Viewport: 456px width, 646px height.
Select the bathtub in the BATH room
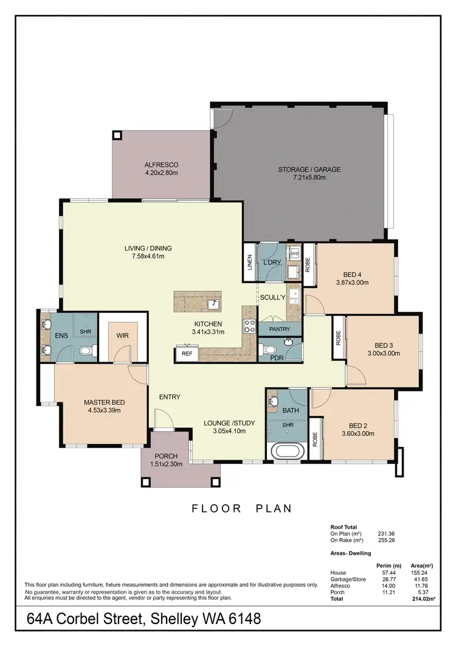pyautogui.click(x=285, y=452)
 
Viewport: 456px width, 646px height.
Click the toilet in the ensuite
pyautogui.click(x=87, y=351)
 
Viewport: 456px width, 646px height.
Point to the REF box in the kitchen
pyautogui.click(x=187, y=353)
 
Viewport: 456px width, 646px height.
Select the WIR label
pyautogui.click(x=122, y=335)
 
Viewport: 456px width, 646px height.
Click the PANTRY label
pyautogui.click(x=280, y=329)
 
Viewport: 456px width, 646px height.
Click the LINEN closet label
pyautogui.click(x=249, y=262)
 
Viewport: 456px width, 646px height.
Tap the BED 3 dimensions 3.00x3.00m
pyautogui.click(x=383, y=353)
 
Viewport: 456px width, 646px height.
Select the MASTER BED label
pyautogui.click(x=104, y=402)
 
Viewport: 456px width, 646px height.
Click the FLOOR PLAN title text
pyautogui.click(x=242, y=508)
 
